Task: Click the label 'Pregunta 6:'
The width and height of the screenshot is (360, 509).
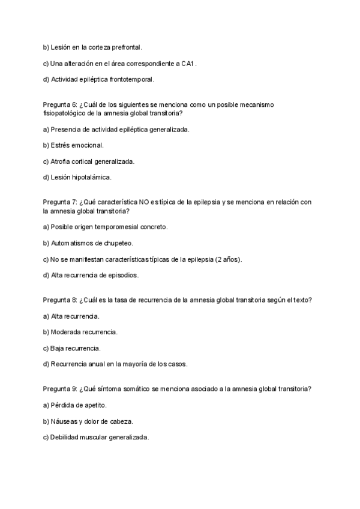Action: pos(60,104)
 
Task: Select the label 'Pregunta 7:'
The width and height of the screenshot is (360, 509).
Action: pos(60,202)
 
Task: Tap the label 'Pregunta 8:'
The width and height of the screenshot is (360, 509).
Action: pos(60,300)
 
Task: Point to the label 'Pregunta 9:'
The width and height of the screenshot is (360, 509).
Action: pos(60,389)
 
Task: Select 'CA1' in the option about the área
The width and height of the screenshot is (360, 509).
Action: pos(189,63)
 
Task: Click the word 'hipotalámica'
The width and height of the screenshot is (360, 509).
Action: pos(92,178)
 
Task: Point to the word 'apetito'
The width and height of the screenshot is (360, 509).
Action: pos(95,405)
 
